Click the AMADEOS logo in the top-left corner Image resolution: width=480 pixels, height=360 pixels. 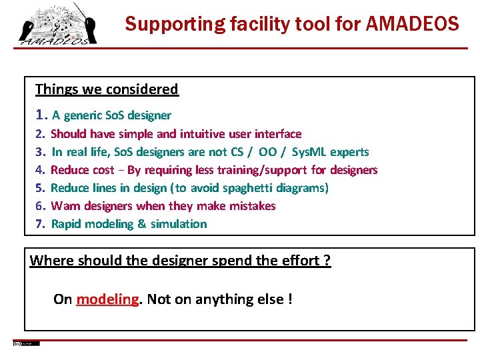56,26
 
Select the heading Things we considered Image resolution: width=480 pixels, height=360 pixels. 107,89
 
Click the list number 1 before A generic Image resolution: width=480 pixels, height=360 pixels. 41,115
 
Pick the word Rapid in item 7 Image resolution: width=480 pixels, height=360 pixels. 66,224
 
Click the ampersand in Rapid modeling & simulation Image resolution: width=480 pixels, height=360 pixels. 142,224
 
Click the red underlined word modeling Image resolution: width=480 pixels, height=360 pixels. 107,299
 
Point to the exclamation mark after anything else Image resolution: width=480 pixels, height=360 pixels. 289,299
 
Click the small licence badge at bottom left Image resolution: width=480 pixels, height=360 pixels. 26,343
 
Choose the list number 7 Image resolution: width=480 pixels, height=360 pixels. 39,224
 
